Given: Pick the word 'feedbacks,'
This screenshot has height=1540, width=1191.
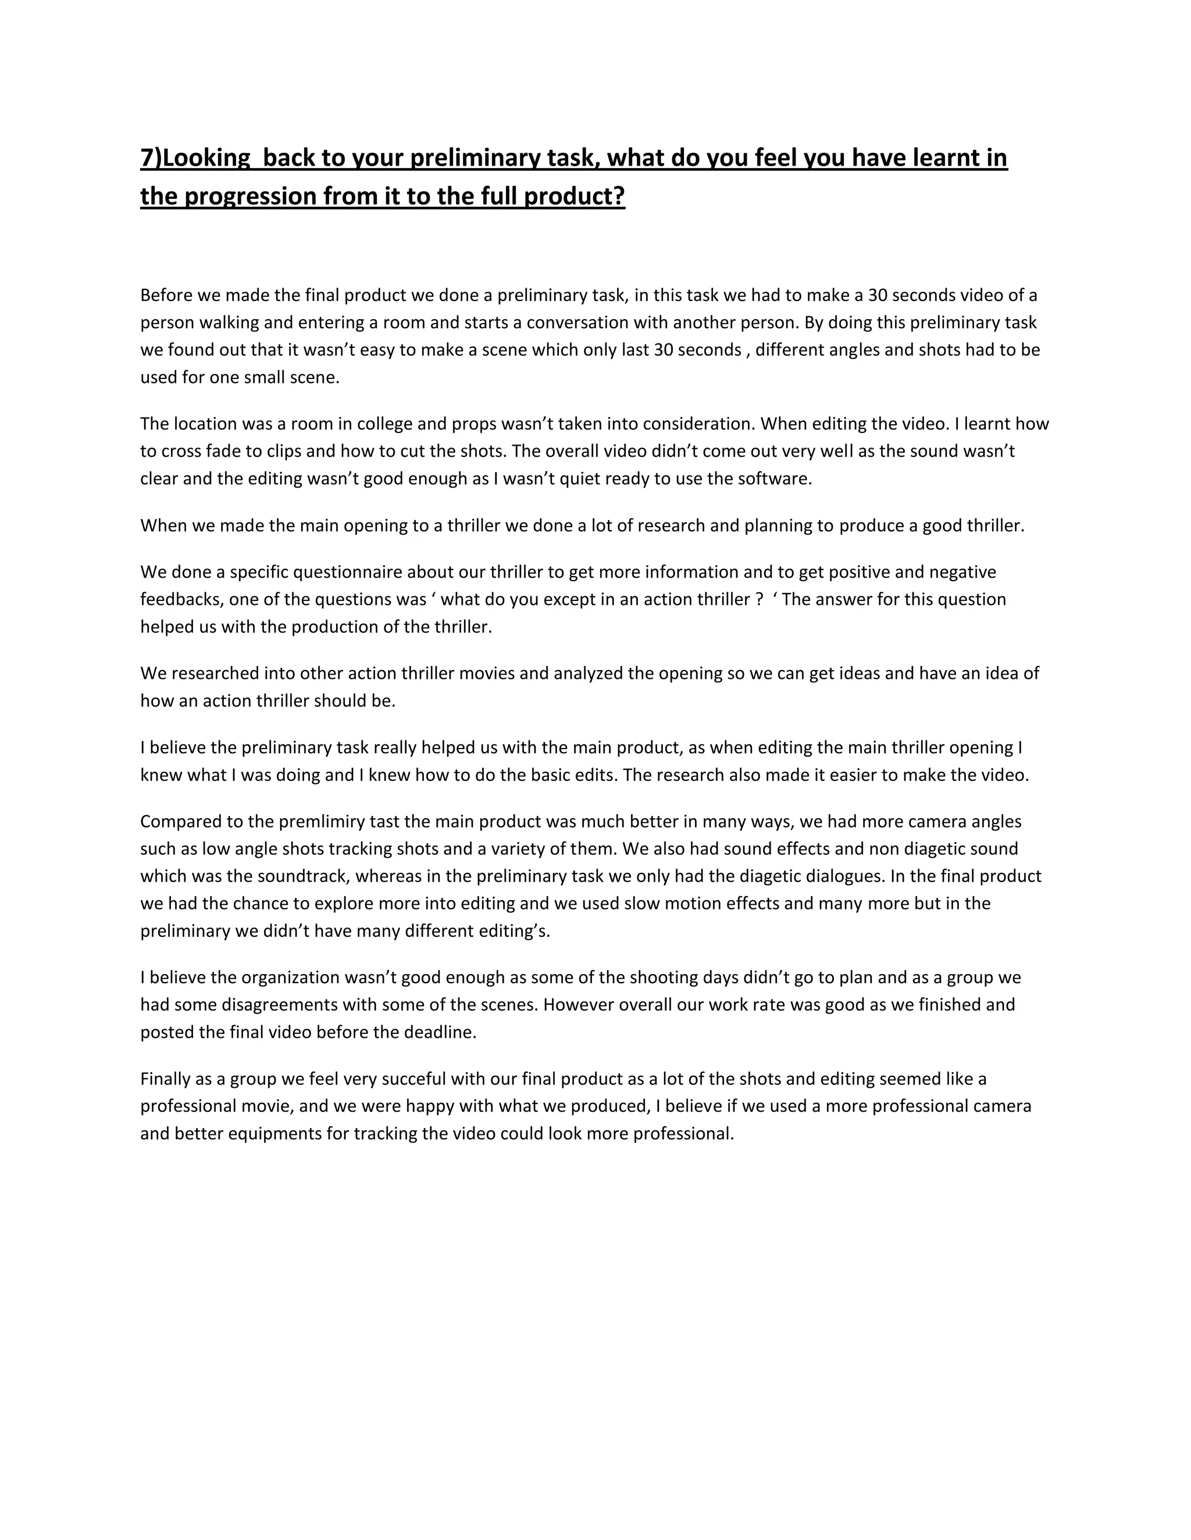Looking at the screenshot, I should (x=182, y=599).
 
